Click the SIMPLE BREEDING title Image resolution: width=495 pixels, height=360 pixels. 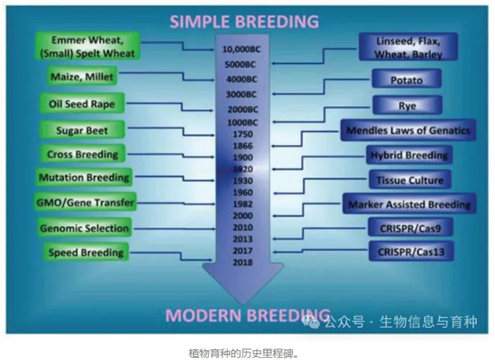[x=244, y=21]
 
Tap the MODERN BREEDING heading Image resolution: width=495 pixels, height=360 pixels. [x=248, y=315]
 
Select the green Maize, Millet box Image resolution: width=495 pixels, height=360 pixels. [x=82, y=76]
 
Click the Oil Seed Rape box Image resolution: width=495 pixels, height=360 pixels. [x=82, y=104]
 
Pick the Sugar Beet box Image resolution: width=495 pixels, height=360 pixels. [x=82, y=130]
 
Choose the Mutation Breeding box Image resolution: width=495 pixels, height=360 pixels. [x=84, y=177]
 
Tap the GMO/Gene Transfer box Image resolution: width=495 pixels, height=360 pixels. [x=85, y=202]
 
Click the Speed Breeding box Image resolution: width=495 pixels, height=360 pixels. [x=86, y=252]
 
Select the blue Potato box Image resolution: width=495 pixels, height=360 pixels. [x=407, y=79]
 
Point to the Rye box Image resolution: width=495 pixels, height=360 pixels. [x=407, y=105]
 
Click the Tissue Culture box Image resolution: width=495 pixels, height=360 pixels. [x=410, y=180]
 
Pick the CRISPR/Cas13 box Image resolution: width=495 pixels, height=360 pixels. [x=411, y=252]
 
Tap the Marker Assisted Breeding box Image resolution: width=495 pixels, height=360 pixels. [x=410, y=204]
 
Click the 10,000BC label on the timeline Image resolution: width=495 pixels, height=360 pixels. [x=242, y=50]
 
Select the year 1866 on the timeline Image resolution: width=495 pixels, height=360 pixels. [x=243, y=146]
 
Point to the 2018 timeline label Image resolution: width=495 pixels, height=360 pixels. [x=243, y=262]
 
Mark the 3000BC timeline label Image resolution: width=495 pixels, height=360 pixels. [x=242, y=95]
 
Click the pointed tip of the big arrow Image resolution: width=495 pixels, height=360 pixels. [x=243, y=304]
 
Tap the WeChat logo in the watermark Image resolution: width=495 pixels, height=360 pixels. [x=311, y=321]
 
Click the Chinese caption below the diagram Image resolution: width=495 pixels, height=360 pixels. [x=243, y=353]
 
